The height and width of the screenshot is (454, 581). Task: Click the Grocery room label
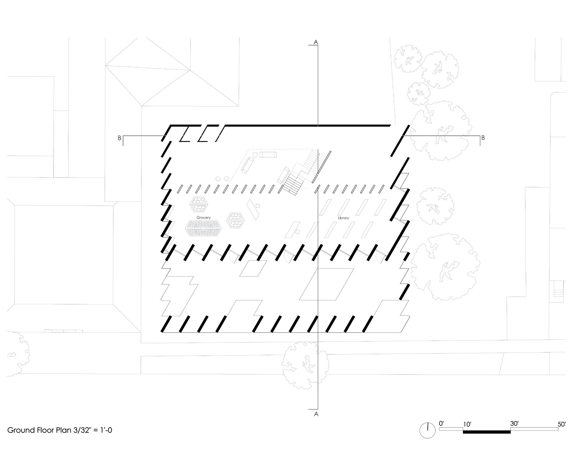203,218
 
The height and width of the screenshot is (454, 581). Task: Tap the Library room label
343,218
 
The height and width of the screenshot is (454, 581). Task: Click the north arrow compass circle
427,430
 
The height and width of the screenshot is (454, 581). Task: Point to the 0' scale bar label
441,423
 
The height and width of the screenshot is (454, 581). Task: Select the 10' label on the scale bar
467,425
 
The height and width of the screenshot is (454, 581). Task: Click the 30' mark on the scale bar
514,423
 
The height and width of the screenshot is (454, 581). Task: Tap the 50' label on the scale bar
561,424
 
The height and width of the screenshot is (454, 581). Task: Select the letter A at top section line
315,42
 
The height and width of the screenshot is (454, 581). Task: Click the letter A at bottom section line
316,414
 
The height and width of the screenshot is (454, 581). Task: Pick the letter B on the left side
119,138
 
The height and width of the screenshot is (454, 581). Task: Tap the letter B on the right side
483,138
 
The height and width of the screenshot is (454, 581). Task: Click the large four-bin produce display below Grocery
203,228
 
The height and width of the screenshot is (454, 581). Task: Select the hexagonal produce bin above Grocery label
199,204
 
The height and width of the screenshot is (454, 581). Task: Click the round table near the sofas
255,155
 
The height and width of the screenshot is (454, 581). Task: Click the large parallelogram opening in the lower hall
326,284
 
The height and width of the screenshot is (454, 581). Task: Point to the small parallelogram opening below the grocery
253,268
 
